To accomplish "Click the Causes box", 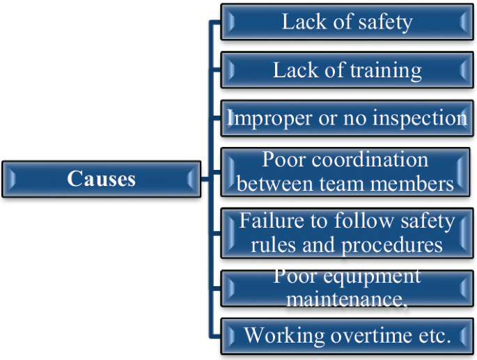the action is [101, 179].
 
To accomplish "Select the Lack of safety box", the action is [347, 22].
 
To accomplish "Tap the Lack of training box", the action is [347, 70].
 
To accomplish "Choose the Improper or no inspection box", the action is [347, 118].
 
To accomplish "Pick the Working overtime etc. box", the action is [347, 336].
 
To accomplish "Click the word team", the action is [341, 184].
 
